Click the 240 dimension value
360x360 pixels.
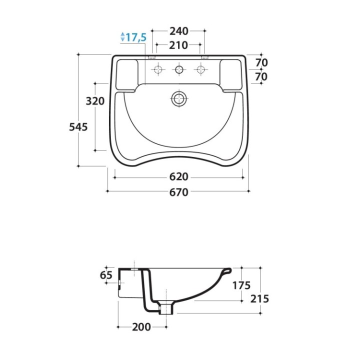click(x=179, y=31)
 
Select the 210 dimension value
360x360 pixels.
click(x=178, y=45)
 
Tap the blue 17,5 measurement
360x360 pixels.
click(x=136, y=37)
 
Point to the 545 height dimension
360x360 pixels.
click(x=78, y=127)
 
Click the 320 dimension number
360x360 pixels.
click(x=95, y=101)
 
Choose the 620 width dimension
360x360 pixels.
click(x=179, y=177)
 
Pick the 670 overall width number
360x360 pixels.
click(x=179, y=192)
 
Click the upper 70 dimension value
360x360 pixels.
click(x=261, y=62)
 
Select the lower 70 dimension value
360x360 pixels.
click(x=261, y=76)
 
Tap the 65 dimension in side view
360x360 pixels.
click(x=106, y=275)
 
